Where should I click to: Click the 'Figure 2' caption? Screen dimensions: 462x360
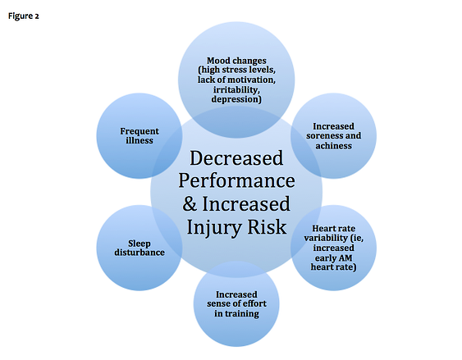point(24,16)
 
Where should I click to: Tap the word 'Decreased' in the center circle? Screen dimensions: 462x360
point(236,158)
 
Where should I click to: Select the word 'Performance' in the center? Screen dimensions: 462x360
point(236,180)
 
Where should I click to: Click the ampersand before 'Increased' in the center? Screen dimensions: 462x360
point(190,203)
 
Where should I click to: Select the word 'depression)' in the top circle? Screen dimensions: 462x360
point(236,99)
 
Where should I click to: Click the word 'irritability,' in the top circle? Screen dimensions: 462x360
point(236,89)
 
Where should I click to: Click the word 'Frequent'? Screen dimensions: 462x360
point(140,131)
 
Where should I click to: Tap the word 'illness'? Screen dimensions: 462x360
point(140,140)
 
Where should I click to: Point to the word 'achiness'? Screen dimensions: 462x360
point(333,146)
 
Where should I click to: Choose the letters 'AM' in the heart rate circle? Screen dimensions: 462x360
point(345,258)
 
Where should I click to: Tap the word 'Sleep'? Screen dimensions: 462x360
point(140,244)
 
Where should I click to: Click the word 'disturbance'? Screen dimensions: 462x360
point(140,253)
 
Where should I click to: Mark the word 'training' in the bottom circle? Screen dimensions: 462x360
point(242,314)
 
